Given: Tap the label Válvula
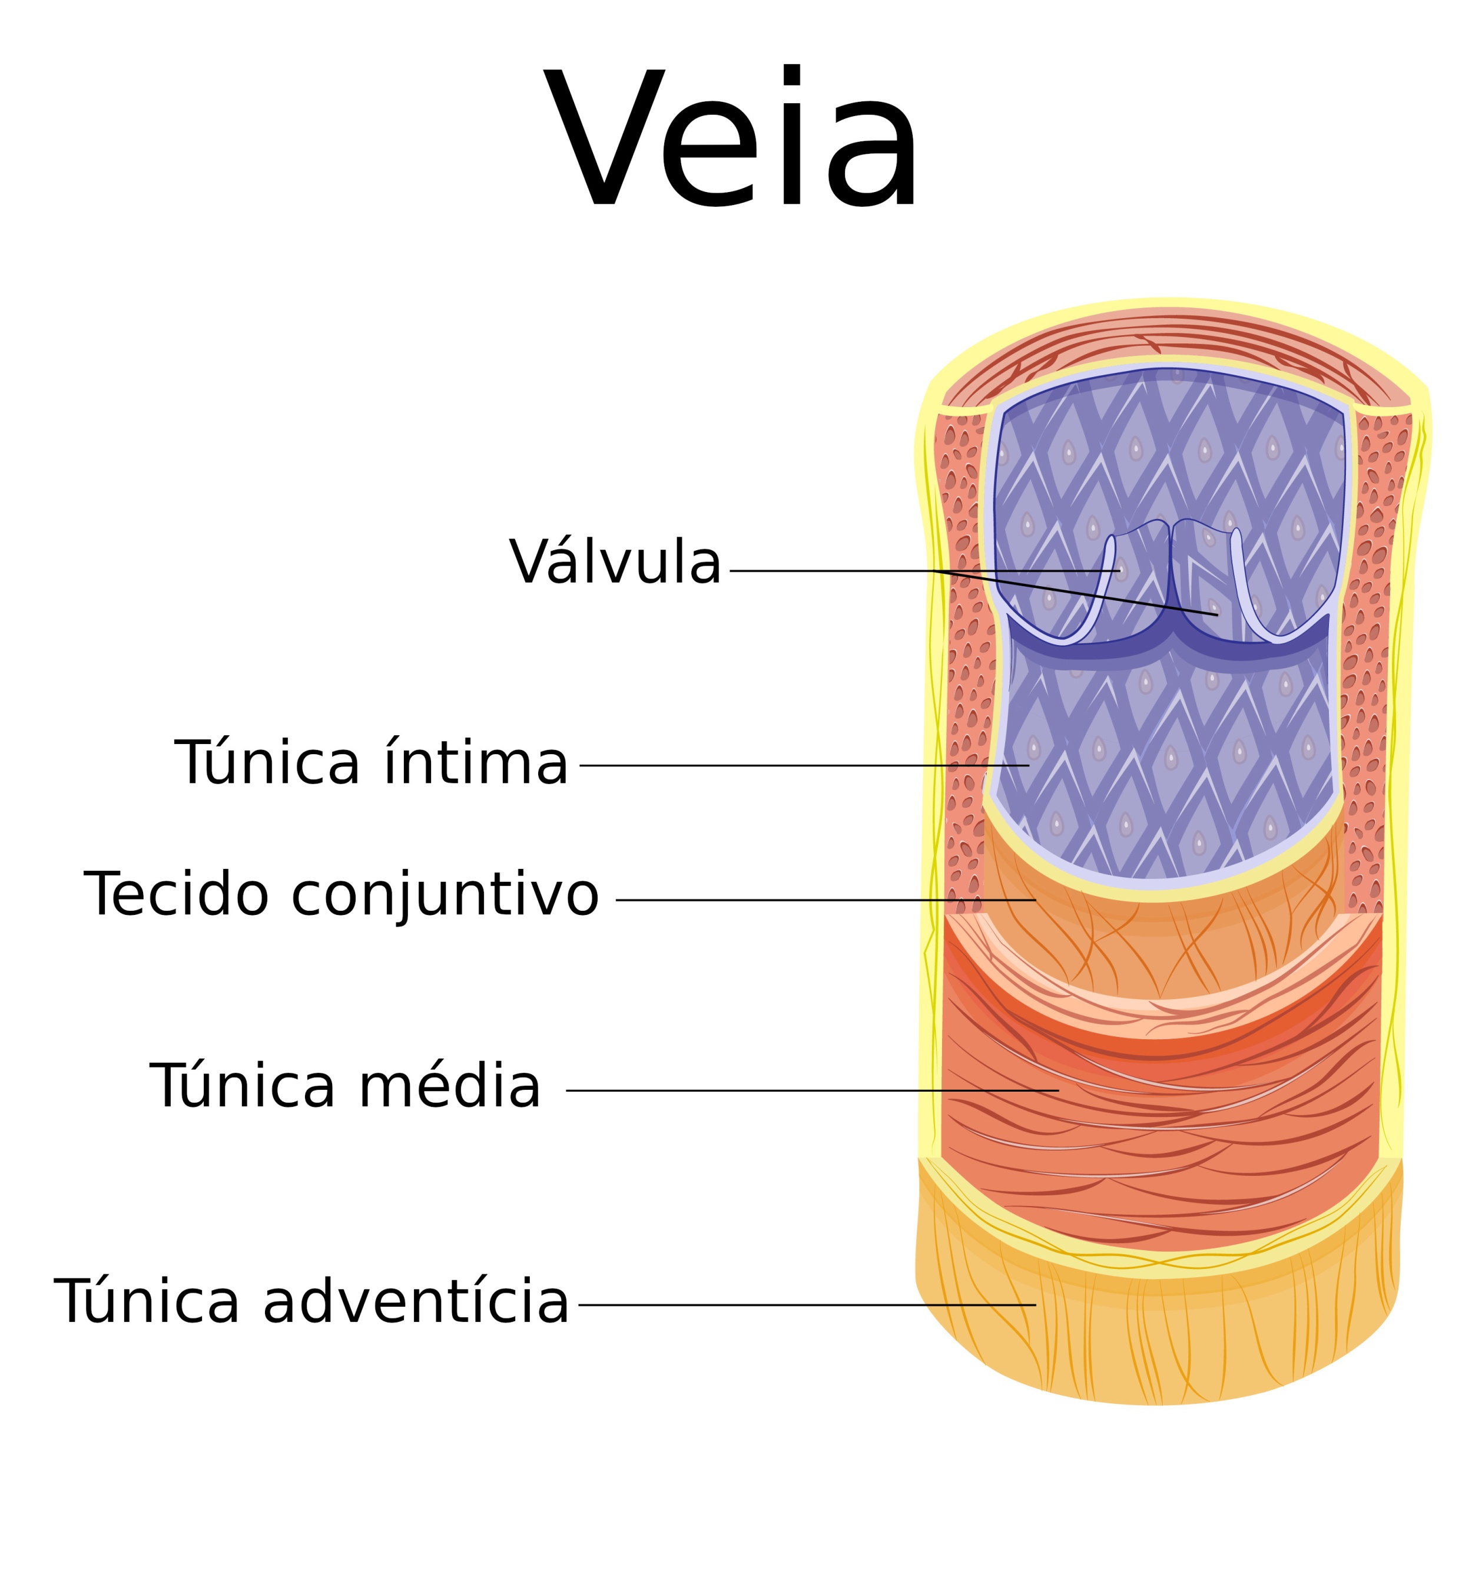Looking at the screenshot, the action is [x=615, y=562].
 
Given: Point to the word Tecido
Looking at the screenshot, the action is [x=176, y=894].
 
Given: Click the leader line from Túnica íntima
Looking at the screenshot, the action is [x=804, y=765].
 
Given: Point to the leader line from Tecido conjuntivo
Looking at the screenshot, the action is [x=826, y=900].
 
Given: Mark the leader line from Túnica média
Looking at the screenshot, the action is [x=813, y=1090].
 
